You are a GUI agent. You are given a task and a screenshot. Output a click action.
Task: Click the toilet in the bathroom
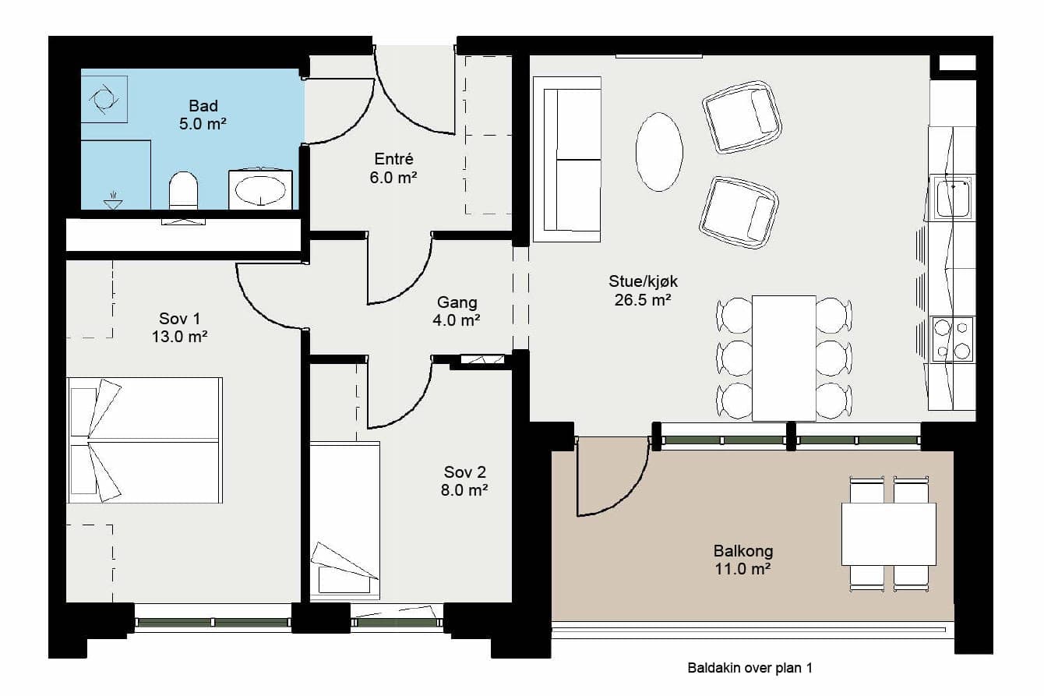(183, 191)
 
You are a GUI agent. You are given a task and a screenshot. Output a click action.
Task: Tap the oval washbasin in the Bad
(260, 191)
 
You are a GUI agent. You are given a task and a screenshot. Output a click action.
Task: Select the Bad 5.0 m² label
(203, 115)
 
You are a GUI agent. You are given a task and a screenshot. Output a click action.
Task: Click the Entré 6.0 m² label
(393, 168)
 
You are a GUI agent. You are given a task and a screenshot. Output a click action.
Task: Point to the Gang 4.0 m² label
(457, 312)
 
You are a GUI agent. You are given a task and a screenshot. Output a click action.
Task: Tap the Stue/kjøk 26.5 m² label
(643, 291)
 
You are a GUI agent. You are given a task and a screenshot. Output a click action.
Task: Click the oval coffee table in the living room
(659, 152)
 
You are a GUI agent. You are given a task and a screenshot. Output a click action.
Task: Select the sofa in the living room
(566, 160)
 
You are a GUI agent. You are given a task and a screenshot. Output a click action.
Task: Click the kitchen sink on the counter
(952, 196)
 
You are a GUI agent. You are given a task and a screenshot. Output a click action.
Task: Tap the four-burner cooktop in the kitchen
(952, 339)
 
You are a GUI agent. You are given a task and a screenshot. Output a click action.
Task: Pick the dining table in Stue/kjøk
(784, 358)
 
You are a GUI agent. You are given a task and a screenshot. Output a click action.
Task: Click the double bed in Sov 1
(144, 440)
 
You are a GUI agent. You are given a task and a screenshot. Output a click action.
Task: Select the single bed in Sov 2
(345, 521)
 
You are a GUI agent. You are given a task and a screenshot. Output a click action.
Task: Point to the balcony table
(889, 534)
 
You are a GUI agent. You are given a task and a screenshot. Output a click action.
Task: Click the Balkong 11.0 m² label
(743, 560)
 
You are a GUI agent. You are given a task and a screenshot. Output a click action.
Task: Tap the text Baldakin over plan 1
(750, 668)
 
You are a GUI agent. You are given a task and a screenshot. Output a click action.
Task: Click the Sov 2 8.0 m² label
(464, 481)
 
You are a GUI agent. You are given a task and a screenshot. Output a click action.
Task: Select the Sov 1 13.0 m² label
(179, 327)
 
